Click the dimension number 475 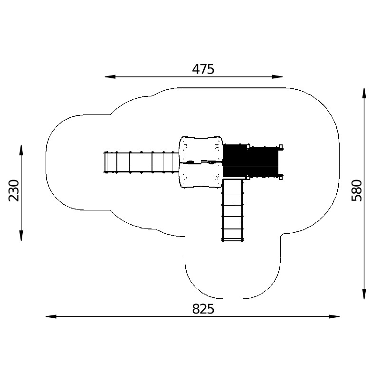coord(203,69)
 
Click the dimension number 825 coord(203,309)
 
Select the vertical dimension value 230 coord(14,190)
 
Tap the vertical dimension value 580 coord(357,190)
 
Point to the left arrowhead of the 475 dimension coord(110,77)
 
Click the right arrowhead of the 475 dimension coord(277,77)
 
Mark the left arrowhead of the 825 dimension coord(51,316)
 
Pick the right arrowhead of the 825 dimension coord(334,316)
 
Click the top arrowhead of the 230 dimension coord(21,150)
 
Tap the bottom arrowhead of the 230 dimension coord(21,236)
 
